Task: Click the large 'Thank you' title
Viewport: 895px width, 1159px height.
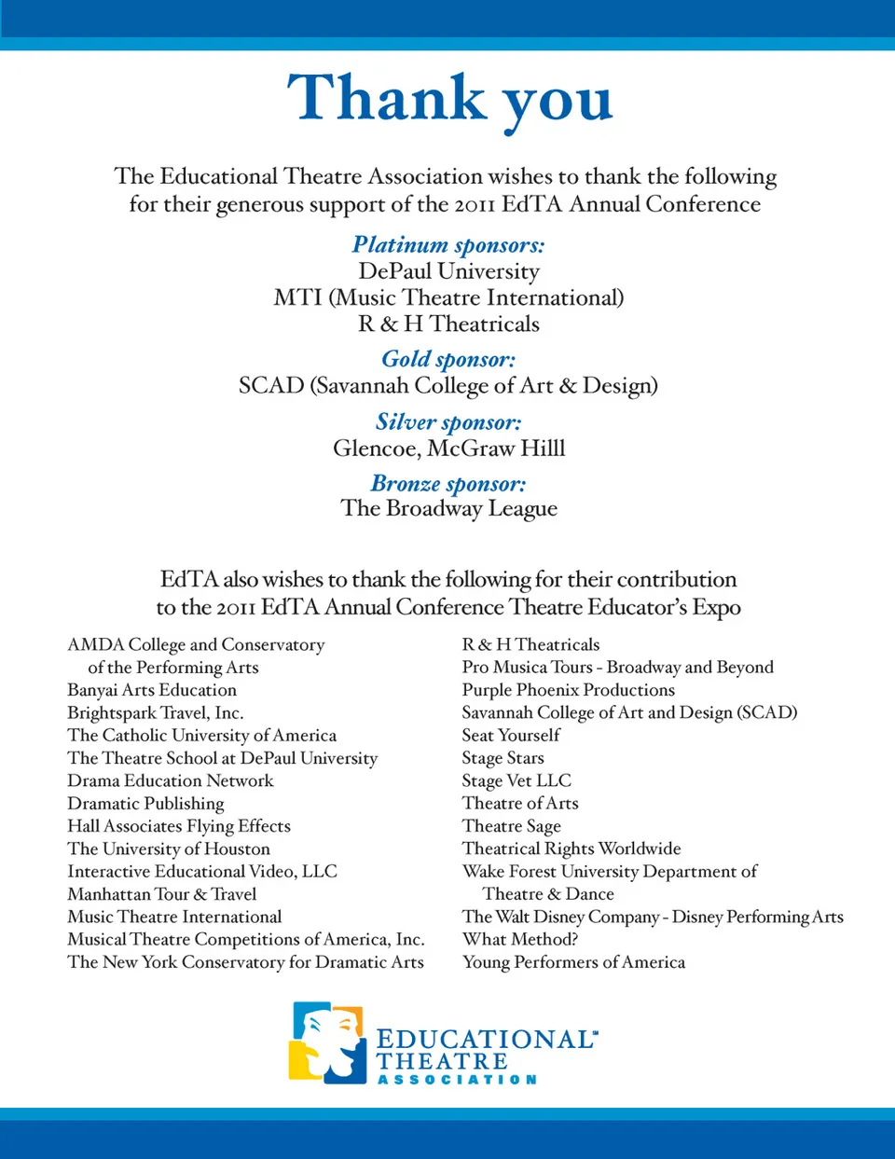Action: tap(449, 99)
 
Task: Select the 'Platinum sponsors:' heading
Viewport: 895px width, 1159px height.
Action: tap(448, 245)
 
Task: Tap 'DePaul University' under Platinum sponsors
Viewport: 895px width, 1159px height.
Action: tap(448, 271)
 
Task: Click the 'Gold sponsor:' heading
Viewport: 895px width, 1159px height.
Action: tap(448, 359)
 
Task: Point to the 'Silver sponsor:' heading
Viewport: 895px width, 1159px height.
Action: tap(448, 422)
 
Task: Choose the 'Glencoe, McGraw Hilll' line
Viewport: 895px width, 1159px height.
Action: tap(448, 448)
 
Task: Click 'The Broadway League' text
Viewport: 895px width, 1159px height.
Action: tap(448, 508)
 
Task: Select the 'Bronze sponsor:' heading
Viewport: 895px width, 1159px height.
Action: tap(448, 484)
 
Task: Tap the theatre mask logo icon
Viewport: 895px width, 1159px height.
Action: tap(327, 1042)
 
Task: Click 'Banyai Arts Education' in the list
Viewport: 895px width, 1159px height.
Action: tap(152, 690)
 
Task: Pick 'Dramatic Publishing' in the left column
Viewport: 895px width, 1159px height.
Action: tap(145, 804)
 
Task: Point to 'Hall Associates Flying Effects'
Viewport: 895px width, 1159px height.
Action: tap(179, 826)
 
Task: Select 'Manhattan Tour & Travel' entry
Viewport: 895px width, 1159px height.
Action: tap(161, 894)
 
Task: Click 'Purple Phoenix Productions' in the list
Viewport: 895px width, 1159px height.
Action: tap(568, 690)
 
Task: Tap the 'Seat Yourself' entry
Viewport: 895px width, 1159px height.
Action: tap(511, 736)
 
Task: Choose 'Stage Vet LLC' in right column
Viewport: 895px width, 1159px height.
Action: tap(516, 780)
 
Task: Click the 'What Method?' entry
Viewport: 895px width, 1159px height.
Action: tap(519, 939)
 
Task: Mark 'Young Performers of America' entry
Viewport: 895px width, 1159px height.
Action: tap(573, 962)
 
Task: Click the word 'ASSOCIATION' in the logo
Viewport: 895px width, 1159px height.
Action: tap(457, 1080)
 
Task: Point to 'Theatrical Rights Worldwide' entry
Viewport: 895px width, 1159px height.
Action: tap(571, 849)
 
